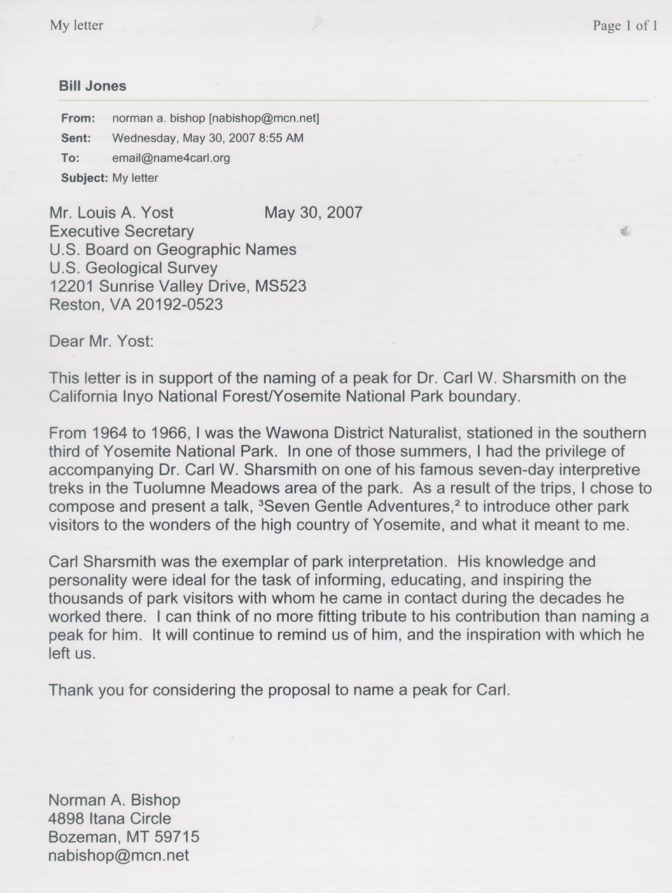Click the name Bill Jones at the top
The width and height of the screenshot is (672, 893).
pos(92,86)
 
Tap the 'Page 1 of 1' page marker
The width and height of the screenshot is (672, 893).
pos(625,26)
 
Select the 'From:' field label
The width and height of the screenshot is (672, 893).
pos(78,118)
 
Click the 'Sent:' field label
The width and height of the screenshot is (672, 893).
pos(76,138)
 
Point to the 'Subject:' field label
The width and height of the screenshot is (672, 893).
pos(84,178)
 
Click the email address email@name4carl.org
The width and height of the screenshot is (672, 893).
pos(171,158)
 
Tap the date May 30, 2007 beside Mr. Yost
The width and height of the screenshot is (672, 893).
pos(313,213)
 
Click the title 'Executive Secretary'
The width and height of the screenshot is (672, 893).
pos(121,231)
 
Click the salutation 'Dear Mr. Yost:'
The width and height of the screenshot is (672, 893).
pos(101,341)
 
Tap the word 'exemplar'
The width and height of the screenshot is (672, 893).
pos(234,562)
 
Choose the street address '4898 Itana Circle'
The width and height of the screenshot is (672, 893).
pos(110,818)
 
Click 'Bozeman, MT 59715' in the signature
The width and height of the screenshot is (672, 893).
pos(124,837)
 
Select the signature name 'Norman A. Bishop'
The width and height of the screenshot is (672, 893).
pos(114,800)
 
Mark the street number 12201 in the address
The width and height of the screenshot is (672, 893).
pos(72,286)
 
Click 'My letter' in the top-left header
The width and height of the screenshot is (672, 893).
pos(76,26)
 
